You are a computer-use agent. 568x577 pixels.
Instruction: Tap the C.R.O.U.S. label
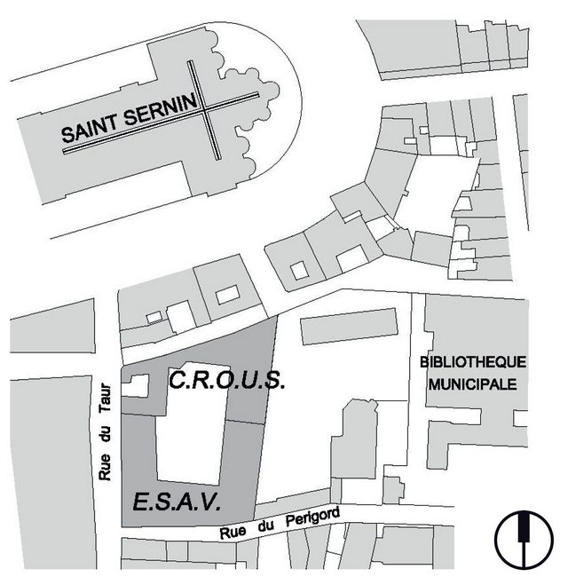pyautogui.click(x=226, y=382)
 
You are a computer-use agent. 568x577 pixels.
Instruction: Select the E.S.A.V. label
pyautogui.click(x=177, y=503)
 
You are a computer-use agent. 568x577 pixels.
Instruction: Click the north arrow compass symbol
pyautogui.click(x=525, y=536)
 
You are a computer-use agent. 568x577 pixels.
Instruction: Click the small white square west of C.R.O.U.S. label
pyautogui.click(x=136, y=385)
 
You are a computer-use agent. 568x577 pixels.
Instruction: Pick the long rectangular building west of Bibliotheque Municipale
pyautogui.click(x=350, y=326)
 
